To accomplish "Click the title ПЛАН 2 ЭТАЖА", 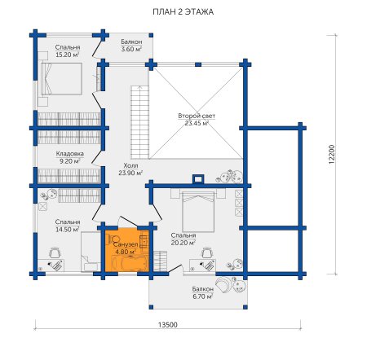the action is pos(183,12).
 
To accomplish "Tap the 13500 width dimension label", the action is pos(167,325).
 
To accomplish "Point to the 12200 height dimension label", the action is pos(332,154).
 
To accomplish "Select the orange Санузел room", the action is pos(127,249).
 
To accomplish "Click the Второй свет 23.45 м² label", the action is pos(197,120).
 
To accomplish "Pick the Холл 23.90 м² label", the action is pos(130,169).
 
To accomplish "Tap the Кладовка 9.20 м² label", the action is pos(70,157).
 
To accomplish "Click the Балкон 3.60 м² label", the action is pos(131,46).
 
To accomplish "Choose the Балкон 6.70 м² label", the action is pos(202,292).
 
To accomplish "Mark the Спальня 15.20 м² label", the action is pos(68,50).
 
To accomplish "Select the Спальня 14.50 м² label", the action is pos(68,226).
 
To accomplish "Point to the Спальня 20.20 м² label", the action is pos(183,239).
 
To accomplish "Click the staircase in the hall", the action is pos(140,122).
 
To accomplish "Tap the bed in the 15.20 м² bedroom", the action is pos(61,79).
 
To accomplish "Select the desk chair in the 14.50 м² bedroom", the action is pos(55,252).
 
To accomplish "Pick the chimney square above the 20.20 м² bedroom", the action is pos(198,179).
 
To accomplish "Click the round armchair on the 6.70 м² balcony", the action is pos(223,284).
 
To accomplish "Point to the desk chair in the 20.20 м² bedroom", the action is pos(207,253).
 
